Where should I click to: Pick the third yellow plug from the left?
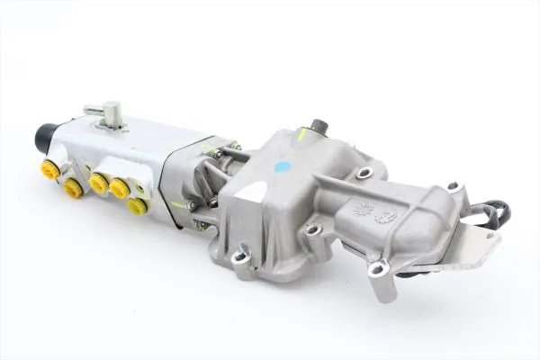(x=98, y=184)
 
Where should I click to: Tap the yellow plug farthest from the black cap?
(x=138, y=205)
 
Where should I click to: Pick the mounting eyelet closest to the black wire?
(x=454, y=187)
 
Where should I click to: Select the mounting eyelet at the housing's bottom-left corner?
(x=239, y=258)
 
